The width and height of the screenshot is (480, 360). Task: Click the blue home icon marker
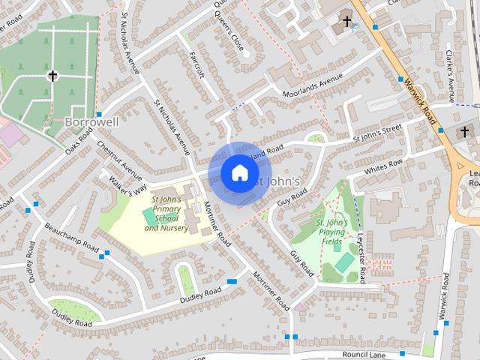239,173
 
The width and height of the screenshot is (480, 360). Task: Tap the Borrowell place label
92,121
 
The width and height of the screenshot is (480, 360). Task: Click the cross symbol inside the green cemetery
52,76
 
